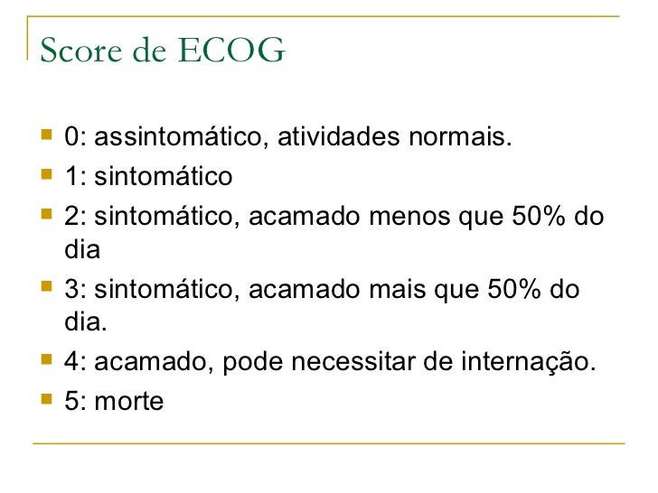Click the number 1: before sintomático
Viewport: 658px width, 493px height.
pyautogui.click(x=75, y=176)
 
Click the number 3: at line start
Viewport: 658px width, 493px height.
pyautogui.click(x=75, y=290)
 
